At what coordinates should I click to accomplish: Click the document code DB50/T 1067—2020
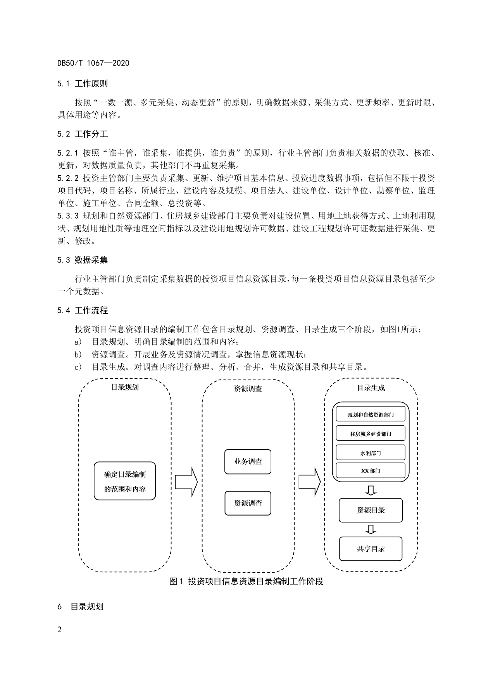pos(93,63)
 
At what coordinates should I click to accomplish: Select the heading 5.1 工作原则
pos(82,83)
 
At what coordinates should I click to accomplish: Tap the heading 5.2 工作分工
pos(82,134)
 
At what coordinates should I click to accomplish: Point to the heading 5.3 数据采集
pos(82,260)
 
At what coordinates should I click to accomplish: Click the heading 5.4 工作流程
pos(82,310)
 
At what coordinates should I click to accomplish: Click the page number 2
pos(59,629)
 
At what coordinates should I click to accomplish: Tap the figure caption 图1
pos(246,582)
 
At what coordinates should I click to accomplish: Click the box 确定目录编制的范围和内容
pos(125,481)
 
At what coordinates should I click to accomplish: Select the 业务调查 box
pos(248,462)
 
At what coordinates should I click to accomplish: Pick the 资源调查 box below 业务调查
pos(248,503)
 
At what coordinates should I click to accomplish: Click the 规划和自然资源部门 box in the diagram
pos(371,414)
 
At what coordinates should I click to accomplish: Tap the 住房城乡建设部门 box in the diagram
pos(371,433)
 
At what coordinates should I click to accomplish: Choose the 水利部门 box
pos(371,452)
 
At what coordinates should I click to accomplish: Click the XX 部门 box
pos(371,471)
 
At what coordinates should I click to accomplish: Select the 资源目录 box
pos(371,510)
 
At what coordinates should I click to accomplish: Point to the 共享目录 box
pos(371,549)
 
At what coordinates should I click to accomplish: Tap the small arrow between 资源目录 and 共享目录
pos(371,530)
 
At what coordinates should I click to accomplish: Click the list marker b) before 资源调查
pos(78,354)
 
